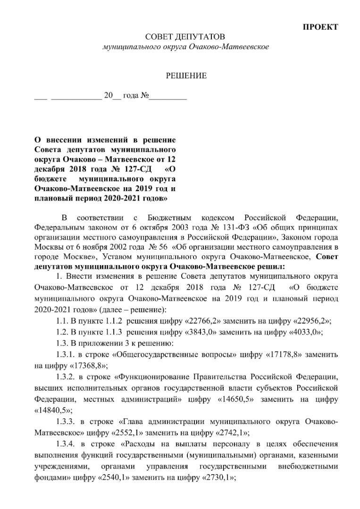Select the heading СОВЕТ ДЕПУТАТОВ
click(185, 37)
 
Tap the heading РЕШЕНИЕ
click(185, 75)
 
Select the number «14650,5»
click(232, 399)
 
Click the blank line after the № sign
click(168, 99)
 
